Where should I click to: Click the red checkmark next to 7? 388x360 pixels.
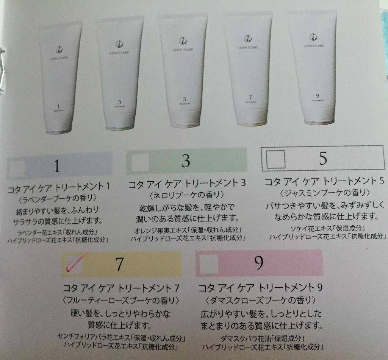(73, 264)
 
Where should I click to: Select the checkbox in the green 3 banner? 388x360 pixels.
(140, 162)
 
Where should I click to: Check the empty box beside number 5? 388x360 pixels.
(275, 159)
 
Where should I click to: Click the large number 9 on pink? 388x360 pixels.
(258, 263)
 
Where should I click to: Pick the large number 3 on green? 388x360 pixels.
(186, 161)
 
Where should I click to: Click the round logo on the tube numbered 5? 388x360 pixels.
(183, 41)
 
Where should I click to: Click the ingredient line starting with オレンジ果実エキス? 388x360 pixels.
(188, 230)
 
